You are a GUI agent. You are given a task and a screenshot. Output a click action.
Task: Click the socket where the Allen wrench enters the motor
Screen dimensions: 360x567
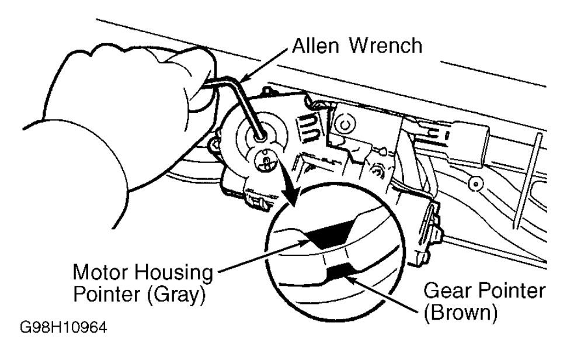259,135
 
